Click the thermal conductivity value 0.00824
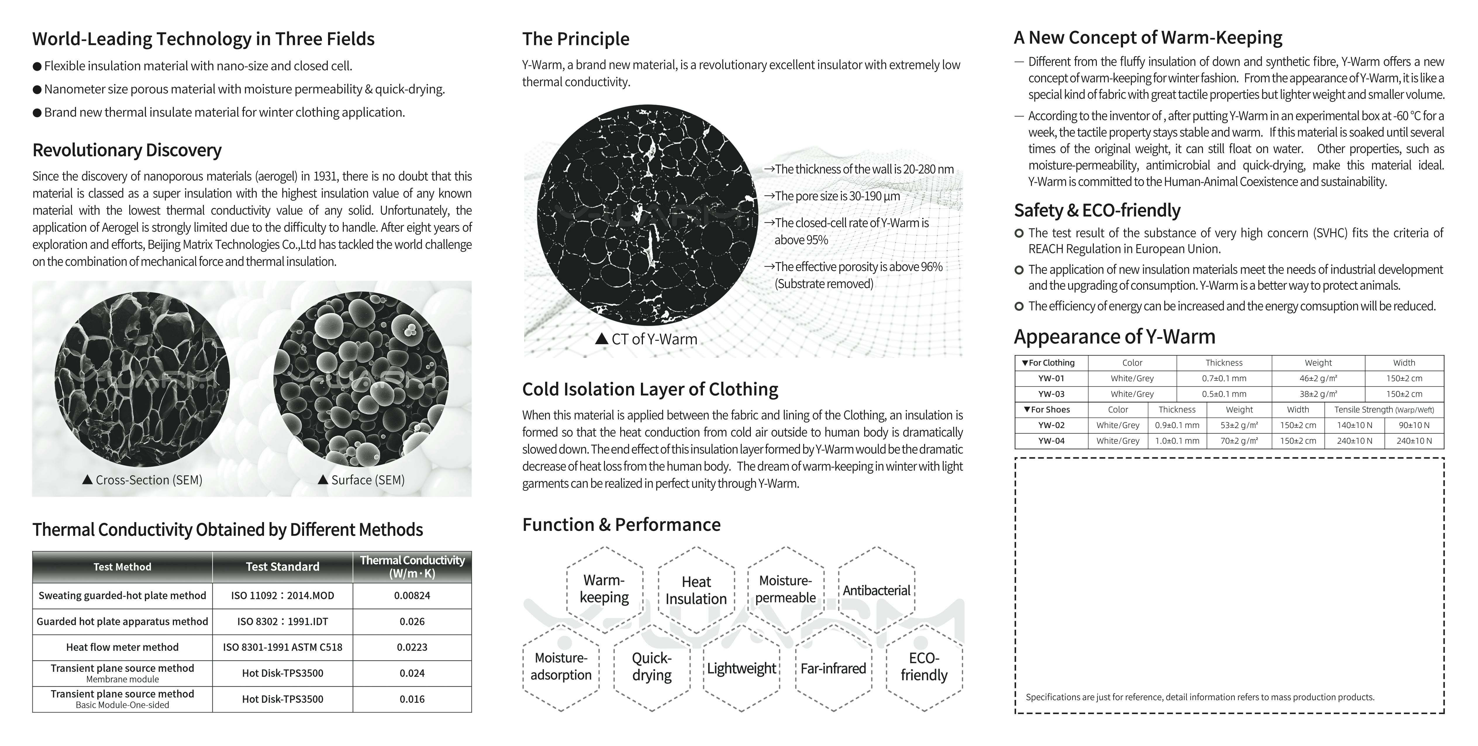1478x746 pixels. pyautogui.click(x=412, y=596)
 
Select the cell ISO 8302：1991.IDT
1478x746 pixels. pyautogui.click(x=282, y=621)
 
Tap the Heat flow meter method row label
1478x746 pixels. pyautogui.click(x=122, y=647)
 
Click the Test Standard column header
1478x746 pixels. pyautogui.click(x=282, y=567)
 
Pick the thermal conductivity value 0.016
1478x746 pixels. pyautogui.click(x=412, y=699)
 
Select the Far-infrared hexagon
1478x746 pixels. pyautogui.click(x=833, y=669)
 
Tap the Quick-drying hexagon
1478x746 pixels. pyautogui.click(x=652, y=667)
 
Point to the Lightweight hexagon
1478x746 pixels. pyautogui.click(x=741, y=669)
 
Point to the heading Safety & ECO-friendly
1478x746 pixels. pyautogui.click(x=1097, y=211)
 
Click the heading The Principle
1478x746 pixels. pyautogui.click(x=575, y=39)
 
